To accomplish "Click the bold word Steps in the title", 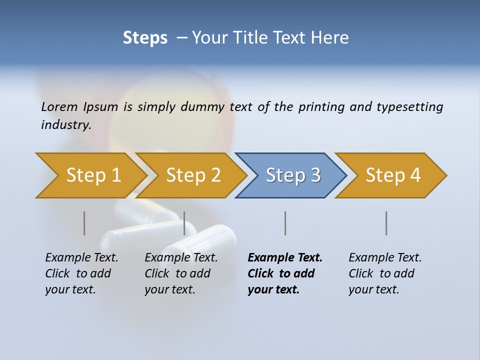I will point(145,38).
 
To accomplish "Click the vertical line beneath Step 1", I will point(84,223).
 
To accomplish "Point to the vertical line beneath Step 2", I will point(184,223).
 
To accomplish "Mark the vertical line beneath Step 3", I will point(285,223).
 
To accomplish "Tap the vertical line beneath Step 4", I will point(386,223).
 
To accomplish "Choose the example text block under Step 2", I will point(181,273).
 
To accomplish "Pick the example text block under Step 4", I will point(385,273).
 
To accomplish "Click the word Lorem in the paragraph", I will point(59,106).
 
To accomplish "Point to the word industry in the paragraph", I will point(66,125).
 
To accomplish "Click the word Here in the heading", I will point(331,38).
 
